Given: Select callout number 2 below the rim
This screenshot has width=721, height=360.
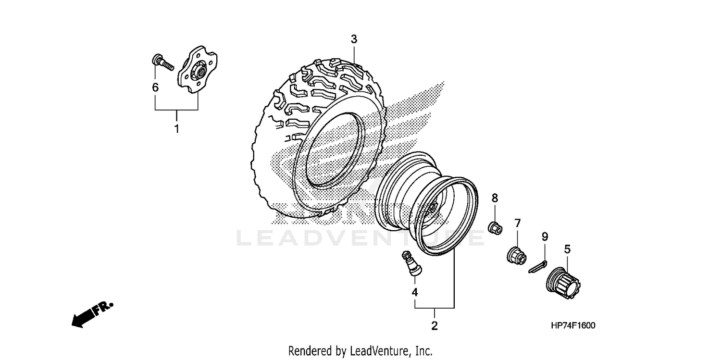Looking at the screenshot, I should coord(435,326).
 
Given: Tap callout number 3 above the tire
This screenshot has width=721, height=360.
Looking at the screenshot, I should coord(354,39).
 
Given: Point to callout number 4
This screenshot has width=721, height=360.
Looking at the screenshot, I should coord(414,292).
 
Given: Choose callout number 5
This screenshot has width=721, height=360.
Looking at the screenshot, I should coord(567,249).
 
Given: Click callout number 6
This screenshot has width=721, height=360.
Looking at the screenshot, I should coord(155,87).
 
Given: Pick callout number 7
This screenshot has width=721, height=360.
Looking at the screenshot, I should coord(518,223).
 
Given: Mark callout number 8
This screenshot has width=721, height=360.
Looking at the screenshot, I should coord(495,198).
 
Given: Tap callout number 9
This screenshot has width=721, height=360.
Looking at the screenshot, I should coord(545,236).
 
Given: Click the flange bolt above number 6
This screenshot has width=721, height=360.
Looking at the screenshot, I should coord(162,62).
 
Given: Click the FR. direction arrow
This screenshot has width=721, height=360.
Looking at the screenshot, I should coord(92,314).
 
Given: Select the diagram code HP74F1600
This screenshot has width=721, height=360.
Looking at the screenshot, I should coord(573,326).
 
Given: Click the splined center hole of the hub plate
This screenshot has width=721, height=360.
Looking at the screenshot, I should coord(199,73).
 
